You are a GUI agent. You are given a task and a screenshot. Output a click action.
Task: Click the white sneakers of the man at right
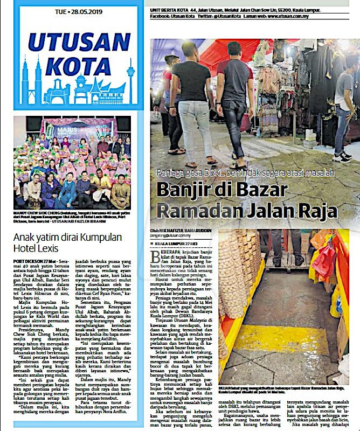[342, 157]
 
